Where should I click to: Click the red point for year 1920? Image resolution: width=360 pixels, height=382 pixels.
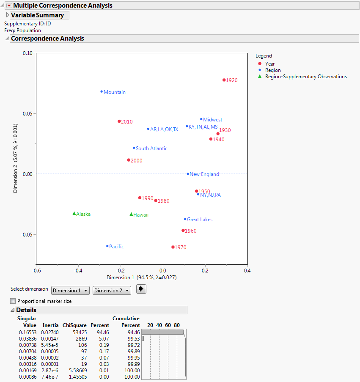point(224,80)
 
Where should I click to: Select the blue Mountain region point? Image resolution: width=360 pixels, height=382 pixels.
point(102,91)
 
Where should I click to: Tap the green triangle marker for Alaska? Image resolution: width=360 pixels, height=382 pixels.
point(74,214)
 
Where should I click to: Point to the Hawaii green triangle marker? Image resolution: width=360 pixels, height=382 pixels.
point(131,214)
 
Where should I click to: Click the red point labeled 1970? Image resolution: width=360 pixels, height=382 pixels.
point(173,247)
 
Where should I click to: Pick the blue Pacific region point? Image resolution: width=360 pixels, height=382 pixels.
point(107,246)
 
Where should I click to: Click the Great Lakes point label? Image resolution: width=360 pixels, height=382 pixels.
point(200,220)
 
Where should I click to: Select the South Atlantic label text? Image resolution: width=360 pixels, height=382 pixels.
point(151,148)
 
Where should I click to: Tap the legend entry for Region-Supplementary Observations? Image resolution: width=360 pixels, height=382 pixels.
point(306,77)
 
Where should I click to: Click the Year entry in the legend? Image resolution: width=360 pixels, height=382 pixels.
point(270,64)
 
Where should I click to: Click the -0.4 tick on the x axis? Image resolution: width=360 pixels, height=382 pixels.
point(79,271)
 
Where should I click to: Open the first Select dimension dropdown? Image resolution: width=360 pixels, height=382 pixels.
point(70,291)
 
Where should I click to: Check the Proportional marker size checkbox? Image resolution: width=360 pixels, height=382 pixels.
point(13,301)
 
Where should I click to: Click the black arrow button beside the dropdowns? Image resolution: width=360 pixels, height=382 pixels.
point(141,290)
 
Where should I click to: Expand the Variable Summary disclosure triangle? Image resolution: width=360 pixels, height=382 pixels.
point(7,15)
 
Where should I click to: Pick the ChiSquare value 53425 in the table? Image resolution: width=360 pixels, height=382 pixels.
point(79,333)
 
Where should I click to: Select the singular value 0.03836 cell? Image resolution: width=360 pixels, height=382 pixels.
point(27,338)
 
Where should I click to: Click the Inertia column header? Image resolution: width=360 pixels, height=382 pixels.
point(50,325)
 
